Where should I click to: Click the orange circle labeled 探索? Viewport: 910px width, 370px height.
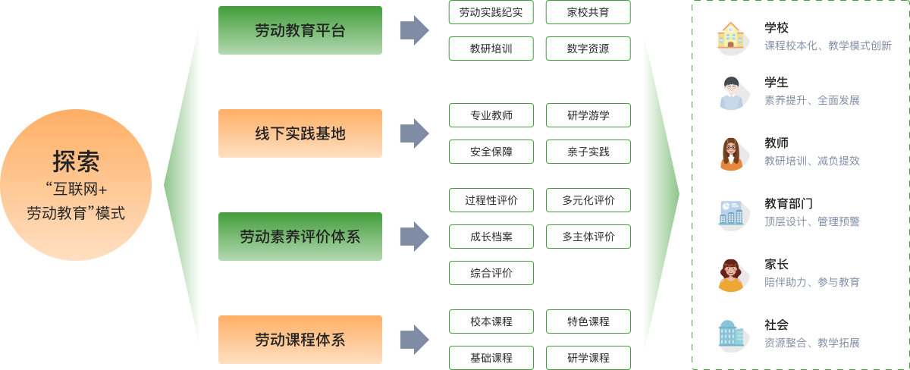pos(76,185)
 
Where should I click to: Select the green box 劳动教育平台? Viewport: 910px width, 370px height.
pos(300,30)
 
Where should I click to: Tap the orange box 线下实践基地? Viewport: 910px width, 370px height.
pos(300,133)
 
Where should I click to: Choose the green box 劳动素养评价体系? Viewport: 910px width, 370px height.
pos(300,237)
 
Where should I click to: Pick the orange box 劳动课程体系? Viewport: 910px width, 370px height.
pos(300,339)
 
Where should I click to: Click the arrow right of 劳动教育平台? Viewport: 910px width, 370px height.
pos(414,30)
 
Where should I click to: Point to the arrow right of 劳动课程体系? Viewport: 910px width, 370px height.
pos(414,339)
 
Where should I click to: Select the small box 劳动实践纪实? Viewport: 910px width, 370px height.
pos(491,12)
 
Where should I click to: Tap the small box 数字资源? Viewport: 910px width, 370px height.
pos(588,49)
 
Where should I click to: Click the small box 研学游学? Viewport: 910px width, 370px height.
pos(588,115)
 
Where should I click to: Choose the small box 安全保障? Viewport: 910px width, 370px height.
pos(491,152)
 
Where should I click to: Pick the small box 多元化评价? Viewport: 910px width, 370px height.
pos(588,200)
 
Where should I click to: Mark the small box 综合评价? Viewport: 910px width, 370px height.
pos(491,273)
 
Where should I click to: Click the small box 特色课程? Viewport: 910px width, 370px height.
pos(588,321)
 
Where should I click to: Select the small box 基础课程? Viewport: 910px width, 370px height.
pos(491,358)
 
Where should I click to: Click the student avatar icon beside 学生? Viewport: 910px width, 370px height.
pos(730,91)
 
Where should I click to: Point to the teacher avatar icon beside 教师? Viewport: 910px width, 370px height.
pos(730,152)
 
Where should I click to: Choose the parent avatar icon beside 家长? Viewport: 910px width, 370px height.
pos(730,273)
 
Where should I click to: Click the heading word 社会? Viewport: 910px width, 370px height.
pos(777,325)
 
